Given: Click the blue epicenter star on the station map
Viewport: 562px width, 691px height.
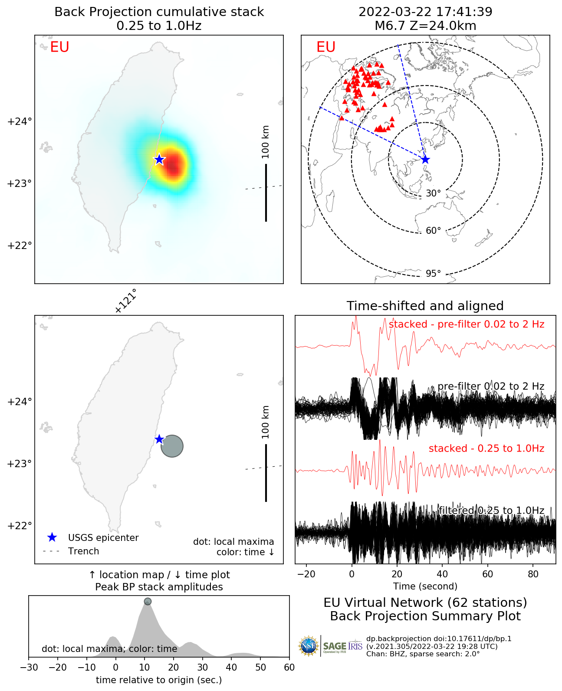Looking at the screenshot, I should click(x=425, y=160).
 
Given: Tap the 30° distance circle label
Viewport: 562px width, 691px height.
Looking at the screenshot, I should click(x=433, y=193).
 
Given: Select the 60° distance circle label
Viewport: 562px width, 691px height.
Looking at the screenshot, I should click(x=433, y=231).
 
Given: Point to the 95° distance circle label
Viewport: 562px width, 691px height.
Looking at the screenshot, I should click(x=433, y=273).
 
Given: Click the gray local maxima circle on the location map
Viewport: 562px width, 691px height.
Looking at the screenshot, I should click(x=172, y=446).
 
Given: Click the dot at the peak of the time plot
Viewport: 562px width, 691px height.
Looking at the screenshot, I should click(x=148, y=601).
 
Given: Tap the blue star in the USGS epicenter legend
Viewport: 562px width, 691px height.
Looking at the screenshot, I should click(x=52, y=537).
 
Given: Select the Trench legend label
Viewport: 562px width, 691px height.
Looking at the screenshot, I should click(x=83, y=551).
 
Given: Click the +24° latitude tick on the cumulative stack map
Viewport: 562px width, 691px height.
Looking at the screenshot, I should click(x=20, y=121).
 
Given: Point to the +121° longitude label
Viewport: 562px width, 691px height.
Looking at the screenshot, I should click(x=126, y=301).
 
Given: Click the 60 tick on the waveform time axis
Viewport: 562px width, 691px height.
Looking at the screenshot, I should click(x=488, y=574).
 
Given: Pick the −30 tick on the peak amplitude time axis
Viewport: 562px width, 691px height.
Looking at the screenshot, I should click(x=29, y=667).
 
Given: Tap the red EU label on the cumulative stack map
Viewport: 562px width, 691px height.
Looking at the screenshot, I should click(x=59, y=47).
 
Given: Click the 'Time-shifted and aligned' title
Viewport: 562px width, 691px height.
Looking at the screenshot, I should click(x=425, y=306).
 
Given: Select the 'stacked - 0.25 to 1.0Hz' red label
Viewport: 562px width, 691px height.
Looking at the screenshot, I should click(x=486, y=449).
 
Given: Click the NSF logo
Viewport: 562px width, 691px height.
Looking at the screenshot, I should click(x=309, y=646).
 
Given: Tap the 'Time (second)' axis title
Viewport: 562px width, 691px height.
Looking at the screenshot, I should click(x=425, y=586).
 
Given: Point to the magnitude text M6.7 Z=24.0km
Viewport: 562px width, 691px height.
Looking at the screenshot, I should click(x=425, y=26).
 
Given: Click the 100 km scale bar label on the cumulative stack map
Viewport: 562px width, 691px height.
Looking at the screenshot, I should click(x=266, y=142).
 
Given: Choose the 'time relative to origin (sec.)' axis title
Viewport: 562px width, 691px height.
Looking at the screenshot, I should click(x=159, y=680).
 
